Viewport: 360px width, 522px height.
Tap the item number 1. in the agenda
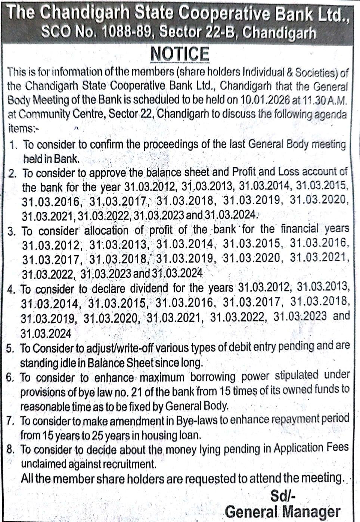pyautogui.click(x=14, y=145)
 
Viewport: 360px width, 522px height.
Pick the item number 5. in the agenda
pyautogui.click(x=11, y=348)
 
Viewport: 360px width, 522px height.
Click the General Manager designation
pyautogui.click(x=283, y=512)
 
